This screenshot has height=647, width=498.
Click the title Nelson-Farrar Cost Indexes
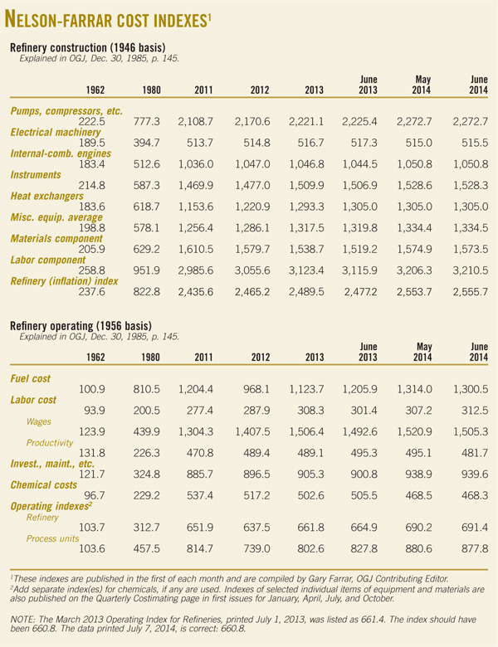coord(109,19)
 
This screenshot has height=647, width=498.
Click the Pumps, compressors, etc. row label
coord(66,110)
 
